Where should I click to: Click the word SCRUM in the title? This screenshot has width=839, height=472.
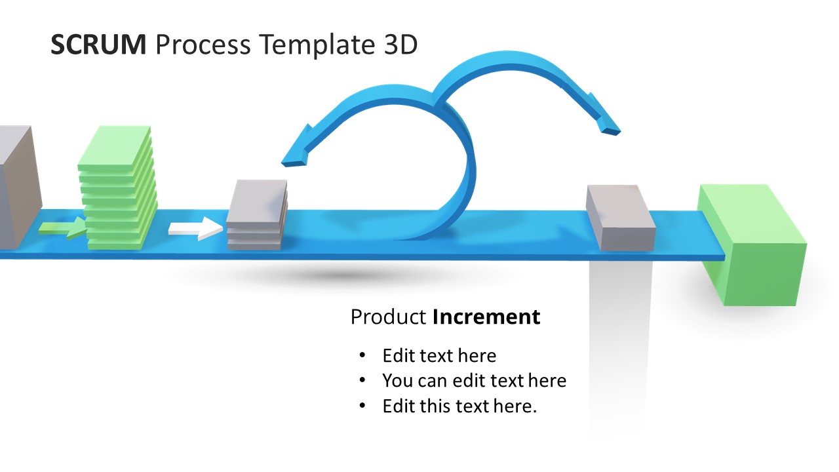[98, 45]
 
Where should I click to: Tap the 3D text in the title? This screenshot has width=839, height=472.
[399, 45]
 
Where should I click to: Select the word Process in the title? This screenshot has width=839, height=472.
[203, 45]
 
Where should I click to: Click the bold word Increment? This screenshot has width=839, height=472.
[486, 317]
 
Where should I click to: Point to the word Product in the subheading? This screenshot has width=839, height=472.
[388, 317]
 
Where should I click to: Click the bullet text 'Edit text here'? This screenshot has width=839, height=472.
[439, 356]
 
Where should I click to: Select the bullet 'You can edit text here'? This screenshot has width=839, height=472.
[474, 381]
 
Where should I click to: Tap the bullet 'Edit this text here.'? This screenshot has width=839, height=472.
[459, 406]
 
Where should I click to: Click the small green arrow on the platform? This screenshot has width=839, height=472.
[62, 227]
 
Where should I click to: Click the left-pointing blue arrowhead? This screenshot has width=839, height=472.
[296, 148]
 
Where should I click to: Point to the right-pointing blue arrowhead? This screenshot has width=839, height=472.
[604, 118]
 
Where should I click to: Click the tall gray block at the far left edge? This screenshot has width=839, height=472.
[17, 187]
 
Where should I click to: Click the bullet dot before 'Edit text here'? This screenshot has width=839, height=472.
[362, 356]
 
